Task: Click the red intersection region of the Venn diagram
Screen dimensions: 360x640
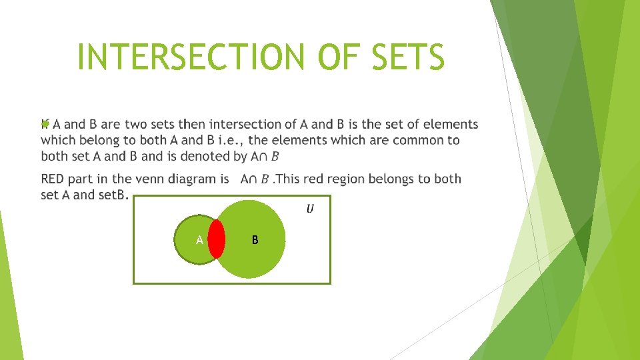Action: tap(216, 239)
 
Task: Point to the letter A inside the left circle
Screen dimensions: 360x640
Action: tap(199, 239)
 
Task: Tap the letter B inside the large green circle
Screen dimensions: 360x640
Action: tap(256, 239)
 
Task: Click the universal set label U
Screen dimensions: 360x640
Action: tap(311, 209)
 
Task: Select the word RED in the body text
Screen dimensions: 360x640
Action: tap(53, 179)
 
